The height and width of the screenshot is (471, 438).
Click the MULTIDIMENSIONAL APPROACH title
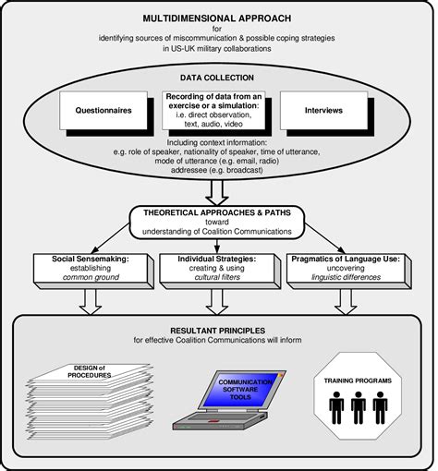(x=219, y=18)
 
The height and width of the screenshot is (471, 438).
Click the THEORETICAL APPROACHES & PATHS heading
(x=219, y=211)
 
